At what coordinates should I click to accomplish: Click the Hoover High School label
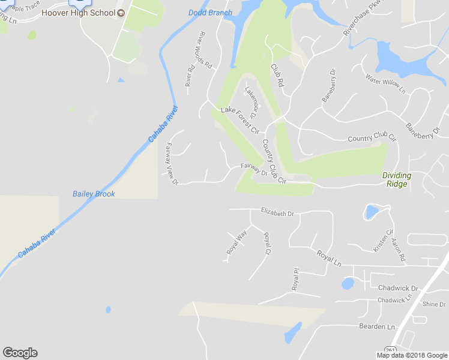(x=77, y=13)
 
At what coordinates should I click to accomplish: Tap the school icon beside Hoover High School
(x=121, y=13)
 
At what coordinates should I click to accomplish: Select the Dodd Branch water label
(x=210, y=13)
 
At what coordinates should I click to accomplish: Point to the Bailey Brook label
(x=94, y=194)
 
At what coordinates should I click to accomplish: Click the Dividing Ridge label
(x=397, y=179)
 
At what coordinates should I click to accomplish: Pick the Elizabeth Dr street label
(x=277, y=212)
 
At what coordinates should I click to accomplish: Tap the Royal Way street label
(x=237, y=243)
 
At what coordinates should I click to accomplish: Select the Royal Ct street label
(x=267, y=243)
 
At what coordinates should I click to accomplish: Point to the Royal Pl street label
(x=295, y=280)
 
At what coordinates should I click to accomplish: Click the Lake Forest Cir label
(x=240, y=120)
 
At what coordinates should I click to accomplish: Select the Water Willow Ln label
(x=386, y=83)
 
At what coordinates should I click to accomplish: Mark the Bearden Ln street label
(x=377, y=326)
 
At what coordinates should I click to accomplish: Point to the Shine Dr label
(x=434, y=304)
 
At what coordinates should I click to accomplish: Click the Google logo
(x=20, y=353)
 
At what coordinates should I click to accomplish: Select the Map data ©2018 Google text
(x=412, y=355)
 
